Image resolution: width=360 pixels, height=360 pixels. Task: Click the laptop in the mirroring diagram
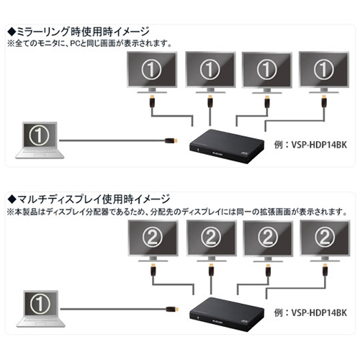(x=40, y=140)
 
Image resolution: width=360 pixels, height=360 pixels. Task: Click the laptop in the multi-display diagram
(x=41, y=309)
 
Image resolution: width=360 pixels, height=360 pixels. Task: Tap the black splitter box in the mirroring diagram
(x=227, y=146)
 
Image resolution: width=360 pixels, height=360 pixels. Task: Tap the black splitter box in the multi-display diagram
(x=227, y=315)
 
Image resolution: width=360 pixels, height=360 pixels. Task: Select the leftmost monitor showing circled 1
(x=152, y=73)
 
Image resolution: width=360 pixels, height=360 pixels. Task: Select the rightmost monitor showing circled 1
(x=324, y=73)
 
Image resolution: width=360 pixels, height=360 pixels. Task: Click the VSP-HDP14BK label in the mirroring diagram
(x=310, y=145)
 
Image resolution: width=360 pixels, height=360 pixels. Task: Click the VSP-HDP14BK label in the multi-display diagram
(x=310, y=312)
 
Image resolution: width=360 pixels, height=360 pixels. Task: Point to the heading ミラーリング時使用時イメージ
(x=78, y=32)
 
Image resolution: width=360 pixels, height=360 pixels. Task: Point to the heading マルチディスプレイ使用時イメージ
(x=89, y=199)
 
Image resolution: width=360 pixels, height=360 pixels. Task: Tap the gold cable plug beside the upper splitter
(x=171, y=140)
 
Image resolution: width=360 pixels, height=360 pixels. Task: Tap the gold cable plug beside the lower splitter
(x=172, y=309)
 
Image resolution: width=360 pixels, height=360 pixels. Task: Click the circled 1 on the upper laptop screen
(x=39, y=135)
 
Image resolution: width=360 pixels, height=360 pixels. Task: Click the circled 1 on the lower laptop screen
(x=40, y=304)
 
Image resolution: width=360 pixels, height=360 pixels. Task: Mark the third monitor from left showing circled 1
(x=267, y=73)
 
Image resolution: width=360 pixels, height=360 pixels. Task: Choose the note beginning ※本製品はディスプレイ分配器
(x=177, y=212)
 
